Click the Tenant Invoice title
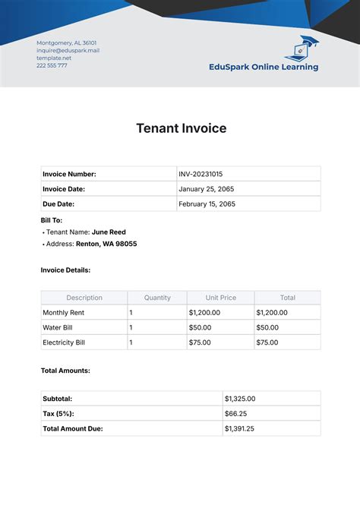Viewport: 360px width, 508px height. [181, 128]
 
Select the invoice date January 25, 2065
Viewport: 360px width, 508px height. [205, 189]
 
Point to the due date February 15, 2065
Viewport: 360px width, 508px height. [207, 204]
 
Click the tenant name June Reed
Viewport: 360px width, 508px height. [109, 232]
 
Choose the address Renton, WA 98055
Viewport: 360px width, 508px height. [106, 245]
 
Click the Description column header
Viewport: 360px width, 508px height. [84, 298]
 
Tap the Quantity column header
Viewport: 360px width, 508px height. [157, 298]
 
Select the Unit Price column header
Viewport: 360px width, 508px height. [220, 298]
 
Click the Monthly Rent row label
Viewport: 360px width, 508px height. [64, 313]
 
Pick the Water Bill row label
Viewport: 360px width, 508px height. [58, 327]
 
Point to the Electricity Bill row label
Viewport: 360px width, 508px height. [64, 342]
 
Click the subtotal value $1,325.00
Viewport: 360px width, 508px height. [240, 399]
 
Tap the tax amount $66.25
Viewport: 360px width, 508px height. [235, 414]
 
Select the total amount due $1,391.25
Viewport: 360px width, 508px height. [240, 429]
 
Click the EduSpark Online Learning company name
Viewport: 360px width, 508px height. [264, 67]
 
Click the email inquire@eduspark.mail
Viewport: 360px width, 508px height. [68, 51]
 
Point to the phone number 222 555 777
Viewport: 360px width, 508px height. [52, 65]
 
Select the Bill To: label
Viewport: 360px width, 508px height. [52, 219]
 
